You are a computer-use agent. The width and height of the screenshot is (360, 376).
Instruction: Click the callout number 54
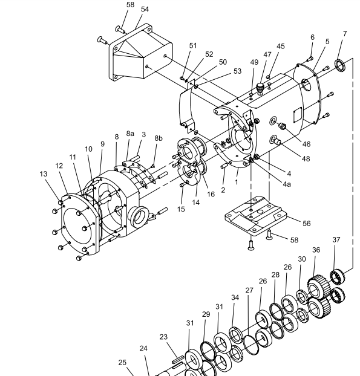(x=145, y=9)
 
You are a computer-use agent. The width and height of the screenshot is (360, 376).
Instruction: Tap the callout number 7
(x=345, y=34)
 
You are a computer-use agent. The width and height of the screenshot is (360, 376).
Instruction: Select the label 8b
(x=159, y=138)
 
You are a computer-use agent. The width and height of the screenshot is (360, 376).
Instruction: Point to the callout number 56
(x=307, y=224)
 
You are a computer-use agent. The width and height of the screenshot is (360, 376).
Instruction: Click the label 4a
(x=287, y=184)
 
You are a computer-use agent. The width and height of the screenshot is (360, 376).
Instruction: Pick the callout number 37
(x=336, y=239)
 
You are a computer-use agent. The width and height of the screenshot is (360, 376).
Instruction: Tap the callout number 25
(x=122, y=362)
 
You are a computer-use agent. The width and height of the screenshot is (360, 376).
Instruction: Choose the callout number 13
(x=44, y=174)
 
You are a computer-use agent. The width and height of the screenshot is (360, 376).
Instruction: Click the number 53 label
(x=237, y=71)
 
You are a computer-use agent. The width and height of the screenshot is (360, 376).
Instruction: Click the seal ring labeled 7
(x=340, y=65)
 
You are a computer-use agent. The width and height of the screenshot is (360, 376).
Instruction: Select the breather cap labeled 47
(x=260, y=88)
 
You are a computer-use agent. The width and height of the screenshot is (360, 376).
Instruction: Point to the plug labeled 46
(x=281, y=126)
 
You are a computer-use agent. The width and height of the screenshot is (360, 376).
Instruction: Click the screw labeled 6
(x=310, y=58)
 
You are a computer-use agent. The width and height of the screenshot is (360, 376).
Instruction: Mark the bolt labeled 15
(x=183, y=184)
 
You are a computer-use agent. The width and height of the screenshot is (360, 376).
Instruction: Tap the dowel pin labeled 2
(x=224, y=166)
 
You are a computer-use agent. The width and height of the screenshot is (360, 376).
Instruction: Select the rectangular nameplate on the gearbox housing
(x=297, y=114)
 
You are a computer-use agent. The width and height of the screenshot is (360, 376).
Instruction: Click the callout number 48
(x=306, y=159)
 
